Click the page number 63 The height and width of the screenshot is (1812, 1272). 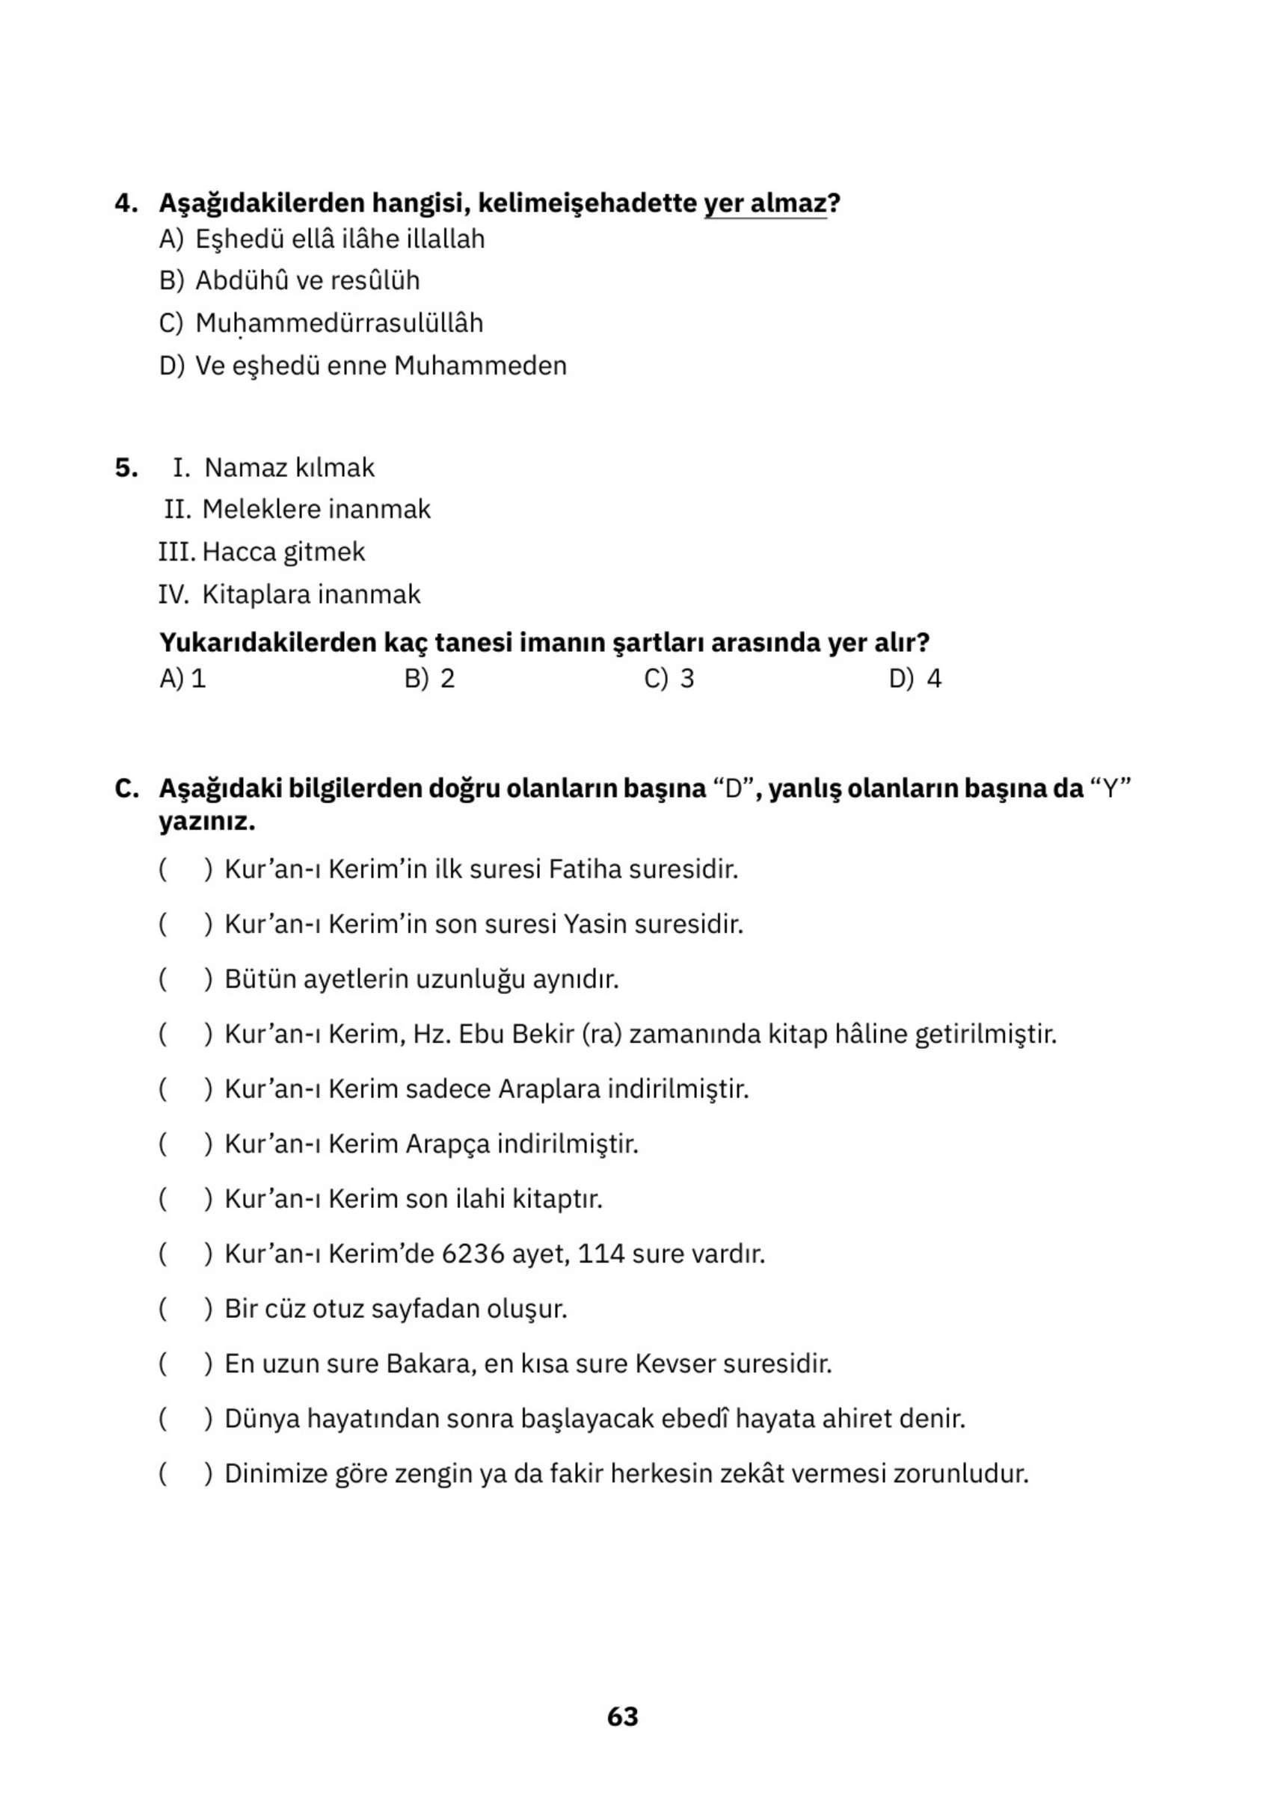tap(622, 1716)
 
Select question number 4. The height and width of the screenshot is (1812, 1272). tap(126, 203)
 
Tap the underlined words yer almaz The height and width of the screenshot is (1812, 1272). tap(764, 203)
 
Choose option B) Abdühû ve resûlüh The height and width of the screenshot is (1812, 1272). tap(290, 281)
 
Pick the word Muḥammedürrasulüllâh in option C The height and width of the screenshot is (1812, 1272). tap(339, 324)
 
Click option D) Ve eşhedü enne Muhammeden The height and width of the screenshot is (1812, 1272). tap(363, 366)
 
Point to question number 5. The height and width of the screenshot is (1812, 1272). tap(126, 468)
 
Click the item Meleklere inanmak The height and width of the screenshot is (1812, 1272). tap(316, 510)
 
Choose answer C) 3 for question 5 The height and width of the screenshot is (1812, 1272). tap(669, 679)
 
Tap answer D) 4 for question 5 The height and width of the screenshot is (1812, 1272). tap(915, 679)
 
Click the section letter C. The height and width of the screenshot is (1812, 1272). tap(126, 789)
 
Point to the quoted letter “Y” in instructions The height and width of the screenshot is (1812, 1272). tap(1110, 789)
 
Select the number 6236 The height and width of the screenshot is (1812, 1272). tap(472, 1254)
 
